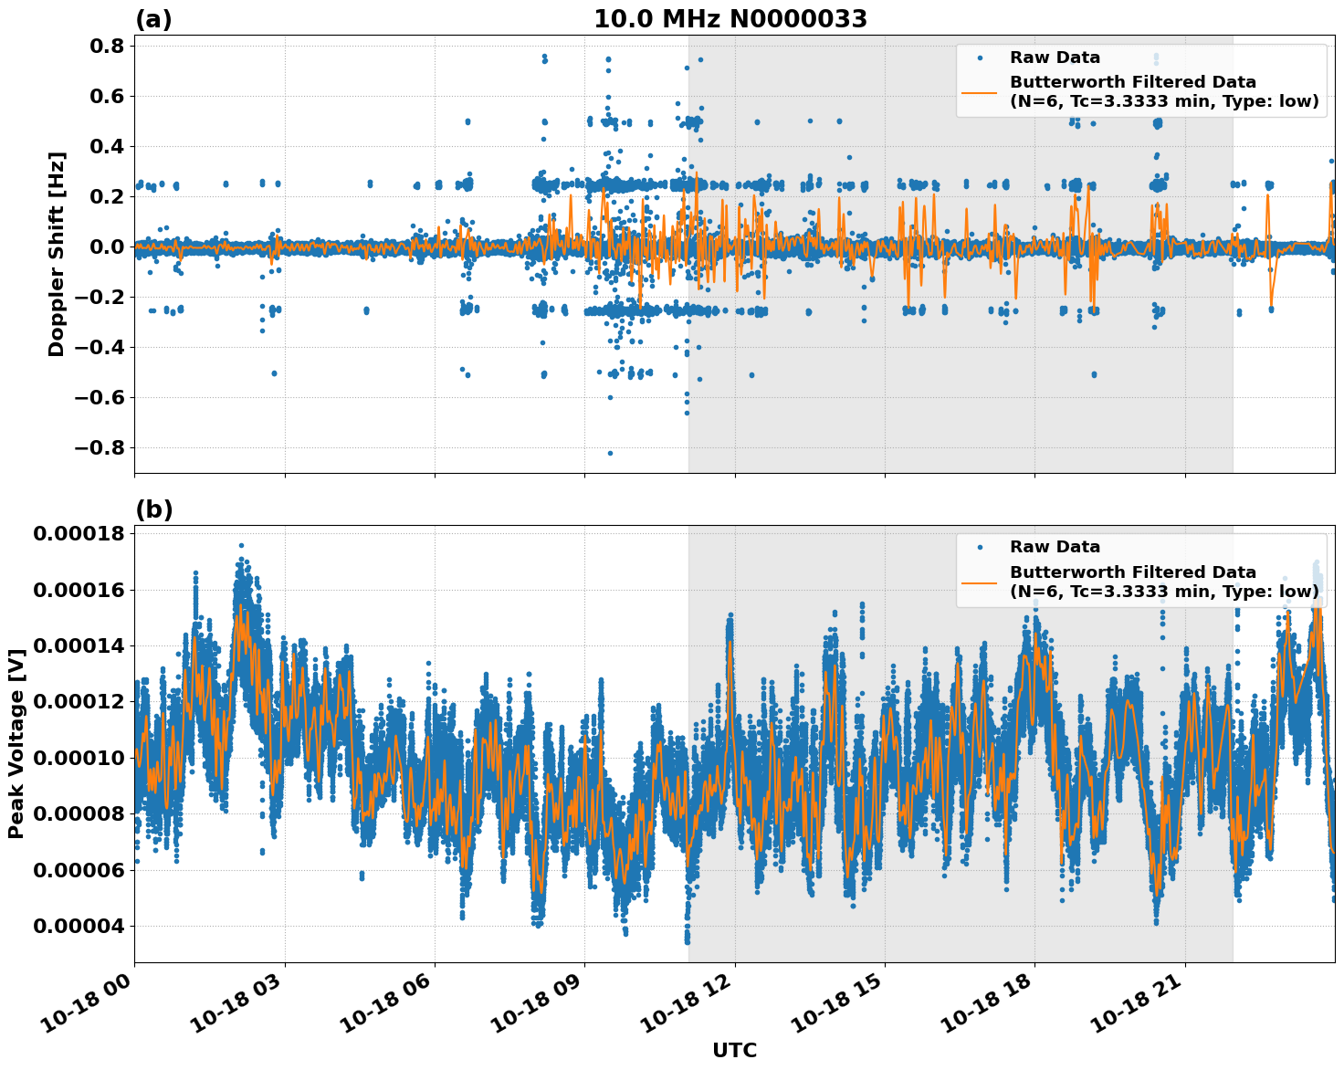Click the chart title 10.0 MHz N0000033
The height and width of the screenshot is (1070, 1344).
730,19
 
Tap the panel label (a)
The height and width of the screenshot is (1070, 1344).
153,19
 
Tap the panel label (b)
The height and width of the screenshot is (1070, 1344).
153,509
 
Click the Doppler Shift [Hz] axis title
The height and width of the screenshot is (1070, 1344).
57,254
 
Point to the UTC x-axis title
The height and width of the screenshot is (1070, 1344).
734,1050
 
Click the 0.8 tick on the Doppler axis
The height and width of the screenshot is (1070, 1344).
109,47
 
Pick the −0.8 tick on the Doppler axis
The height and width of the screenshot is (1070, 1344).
98,448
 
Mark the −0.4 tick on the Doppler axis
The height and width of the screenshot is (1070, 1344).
98,348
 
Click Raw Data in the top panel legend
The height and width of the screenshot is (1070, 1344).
1055,58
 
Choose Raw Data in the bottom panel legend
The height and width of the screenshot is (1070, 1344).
1055,547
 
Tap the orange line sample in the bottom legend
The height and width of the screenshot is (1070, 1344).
979,582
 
